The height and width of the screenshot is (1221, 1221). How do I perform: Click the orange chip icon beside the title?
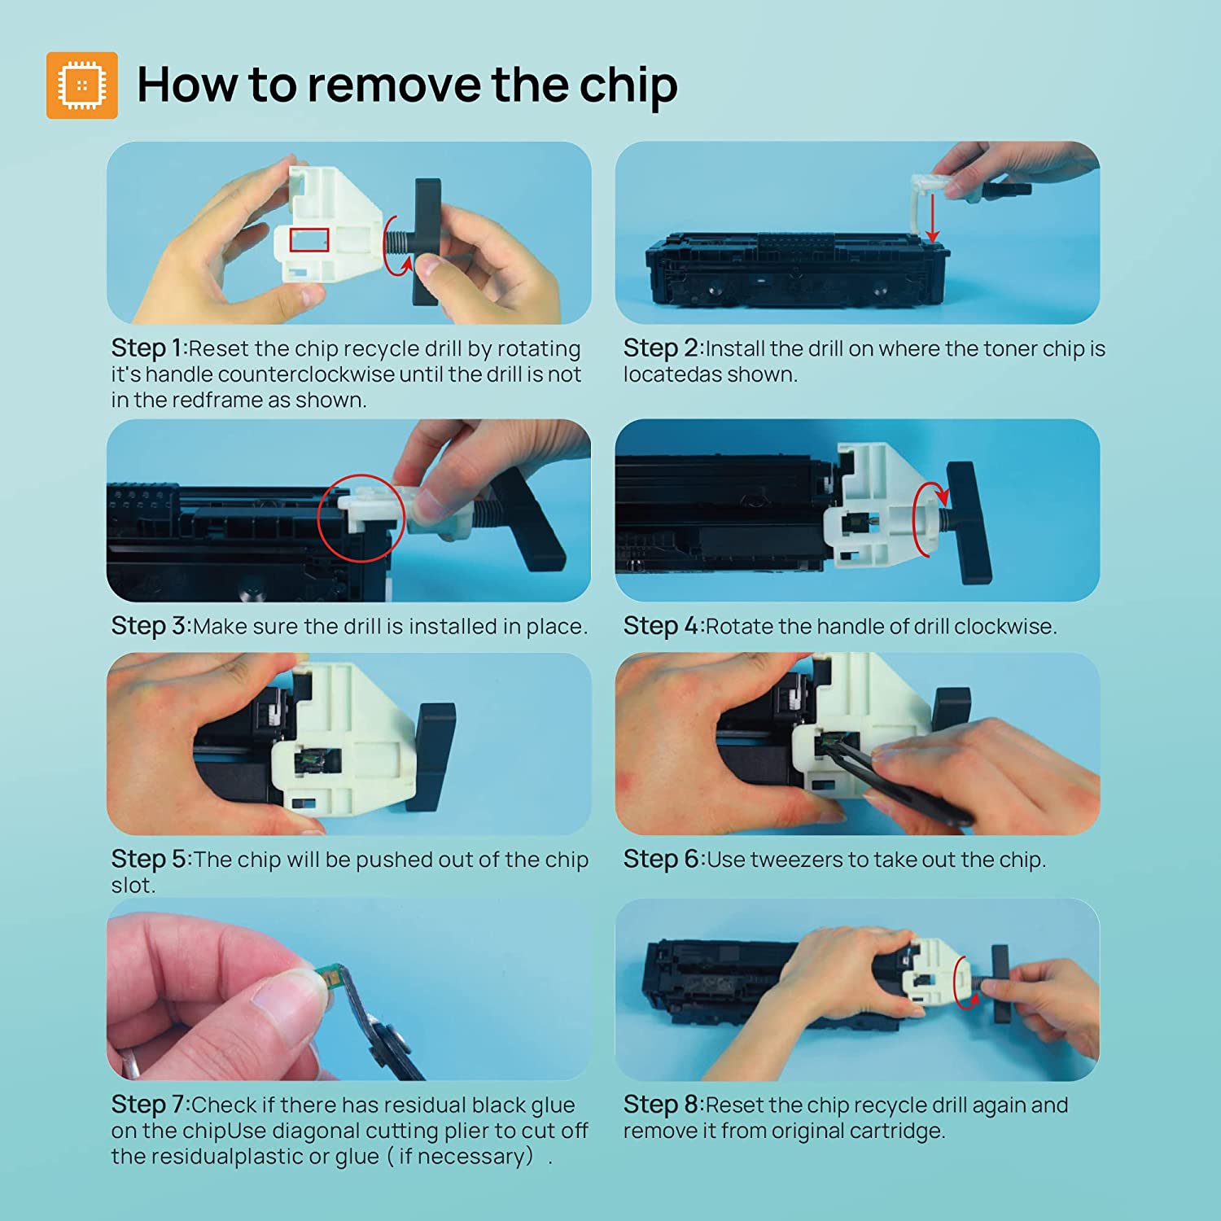click(x=81, y=85)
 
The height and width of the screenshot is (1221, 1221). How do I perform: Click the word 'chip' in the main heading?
click(x=628, y=85)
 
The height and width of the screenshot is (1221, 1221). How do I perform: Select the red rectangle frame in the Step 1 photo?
click(x=309, y=239)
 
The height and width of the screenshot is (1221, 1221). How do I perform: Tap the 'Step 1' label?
click(x=147, y=348)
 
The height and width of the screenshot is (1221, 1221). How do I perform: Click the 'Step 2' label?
click(x=660, y=348)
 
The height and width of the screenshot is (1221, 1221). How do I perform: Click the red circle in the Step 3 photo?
click(x=361, y=518)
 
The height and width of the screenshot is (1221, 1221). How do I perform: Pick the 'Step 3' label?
click(x=149, y=626)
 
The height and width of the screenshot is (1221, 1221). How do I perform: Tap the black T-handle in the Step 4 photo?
click(x=968, y=522)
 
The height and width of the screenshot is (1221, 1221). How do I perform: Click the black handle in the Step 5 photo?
click(x=434, y=758)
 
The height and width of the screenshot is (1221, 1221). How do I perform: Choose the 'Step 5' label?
click(x=149, y=859)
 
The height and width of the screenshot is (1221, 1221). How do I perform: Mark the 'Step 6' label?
click(x=661, y=859)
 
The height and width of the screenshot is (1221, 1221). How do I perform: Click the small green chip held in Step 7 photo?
click(x=330, y=974)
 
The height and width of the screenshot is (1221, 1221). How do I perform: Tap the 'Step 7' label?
click(x=148, y=1105)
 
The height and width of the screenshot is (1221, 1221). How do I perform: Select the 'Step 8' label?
click(x=661, y=1105)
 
